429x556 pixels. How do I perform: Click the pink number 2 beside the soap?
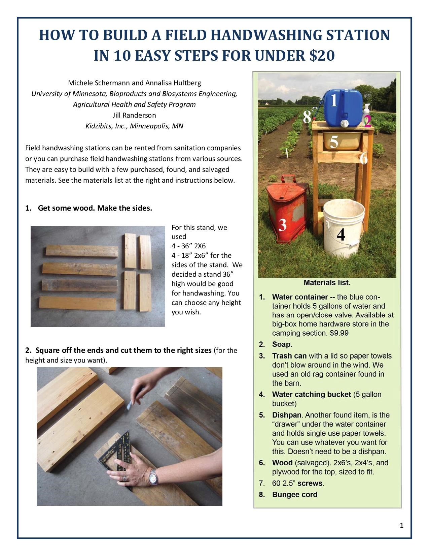tap(367, 121)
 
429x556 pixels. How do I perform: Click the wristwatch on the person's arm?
tap(153, 477)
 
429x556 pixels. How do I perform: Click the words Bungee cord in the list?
tap(295, 495)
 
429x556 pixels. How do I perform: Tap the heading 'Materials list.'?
tap(327, 282)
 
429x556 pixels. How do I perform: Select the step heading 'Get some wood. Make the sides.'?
tap(95, 208)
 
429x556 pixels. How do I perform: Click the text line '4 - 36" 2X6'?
tap(188, 246)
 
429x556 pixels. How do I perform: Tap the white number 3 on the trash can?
tap(282, 224)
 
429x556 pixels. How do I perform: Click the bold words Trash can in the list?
tap(289, 356)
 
